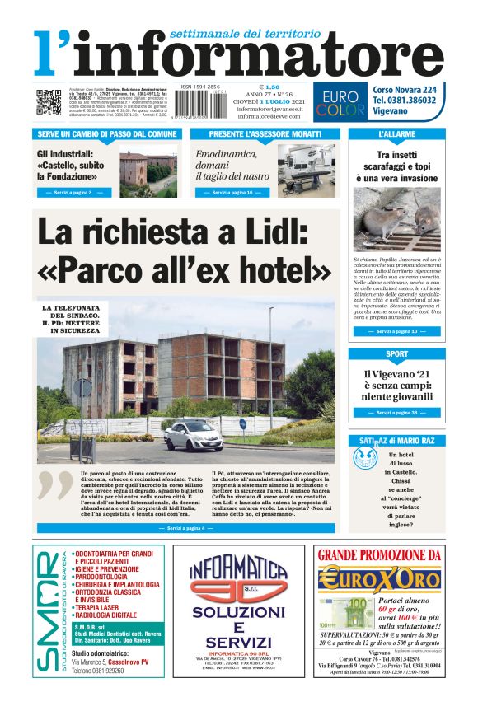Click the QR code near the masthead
tap(49, 102)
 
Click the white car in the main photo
tap(193, 435)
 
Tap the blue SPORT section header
tap(396, 354)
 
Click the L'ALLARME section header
tap(396, 133)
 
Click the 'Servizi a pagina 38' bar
tap(396, 412)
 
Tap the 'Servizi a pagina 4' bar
tap(186, 526)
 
